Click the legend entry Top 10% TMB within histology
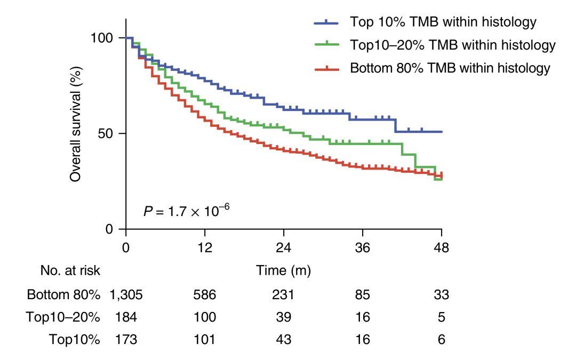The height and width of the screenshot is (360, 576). [x=443, y=22]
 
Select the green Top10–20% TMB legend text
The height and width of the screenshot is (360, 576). [x=453, y=45]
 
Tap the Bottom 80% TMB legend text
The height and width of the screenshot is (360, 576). [x=450, y=68]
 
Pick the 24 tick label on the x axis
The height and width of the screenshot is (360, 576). [x=283, y=248]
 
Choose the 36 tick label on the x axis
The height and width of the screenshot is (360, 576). [x=363, y=248]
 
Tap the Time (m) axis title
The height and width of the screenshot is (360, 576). [x=283, y=271]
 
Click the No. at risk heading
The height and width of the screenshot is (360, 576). [x=70, y=271]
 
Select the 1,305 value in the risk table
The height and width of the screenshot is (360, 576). [x=126, y=295]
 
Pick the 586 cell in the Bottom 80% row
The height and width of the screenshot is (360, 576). [x=205, y=295]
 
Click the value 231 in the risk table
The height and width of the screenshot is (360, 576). [x=283, y=295]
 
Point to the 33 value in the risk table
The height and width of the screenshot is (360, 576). [x=442, y=295]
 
